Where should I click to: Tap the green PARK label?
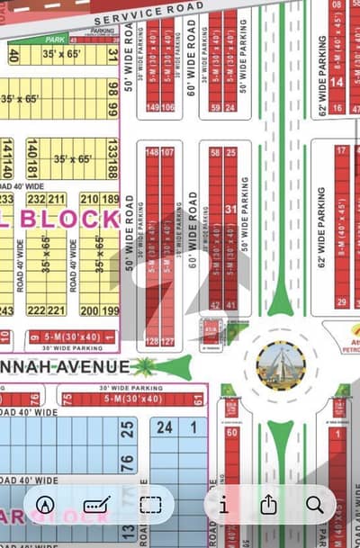click(55, 40)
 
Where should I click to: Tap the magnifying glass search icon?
click(314, 505)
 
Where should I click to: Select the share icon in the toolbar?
click(268, 505)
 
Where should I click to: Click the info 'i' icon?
click(223, 505)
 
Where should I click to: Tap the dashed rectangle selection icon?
click(150, 505)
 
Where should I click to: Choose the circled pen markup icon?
click(46, 505)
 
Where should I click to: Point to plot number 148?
click(151, 152)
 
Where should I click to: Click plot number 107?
click(167, 152)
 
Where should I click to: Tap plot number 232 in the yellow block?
click(37, 198)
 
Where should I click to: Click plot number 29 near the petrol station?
click(341, 303)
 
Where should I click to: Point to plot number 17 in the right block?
click(342, 150)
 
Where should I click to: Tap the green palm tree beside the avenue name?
click(144, 366)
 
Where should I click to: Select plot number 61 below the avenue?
click(198, 400)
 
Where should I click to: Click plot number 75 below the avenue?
click(67, 400)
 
